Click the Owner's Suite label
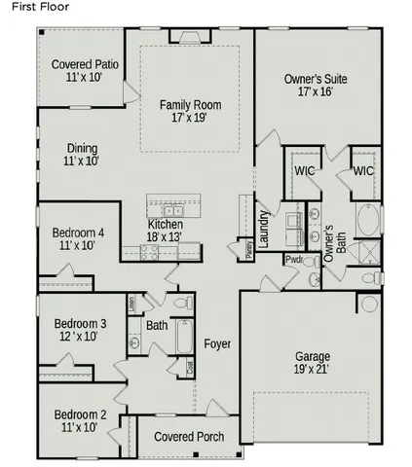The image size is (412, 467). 316,85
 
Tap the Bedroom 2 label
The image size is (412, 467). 80,420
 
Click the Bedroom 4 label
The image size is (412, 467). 78,238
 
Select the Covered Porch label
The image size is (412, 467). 189,437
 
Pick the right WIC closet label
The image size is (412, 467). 363,170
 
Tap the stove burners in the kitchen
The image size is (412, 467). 150,251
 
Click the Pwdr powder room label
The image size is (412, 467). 293,260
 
